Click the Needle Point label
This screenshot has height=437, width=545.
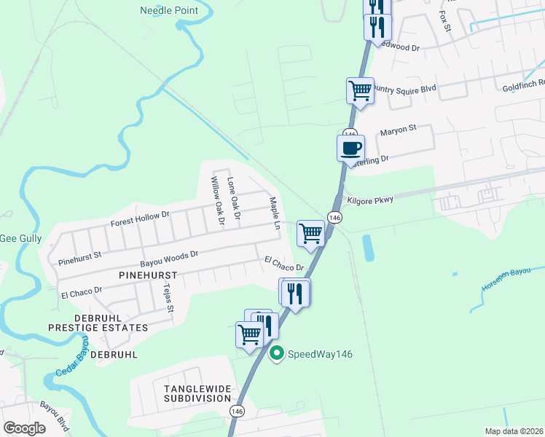click(x=169, y=10)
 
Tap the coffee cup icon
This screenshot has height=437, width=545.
click(x=350, y=148)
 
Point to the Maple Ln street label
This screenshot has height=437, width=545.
click(x=275, y=213)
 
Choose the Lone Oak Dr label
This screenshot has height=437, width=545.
click(x=234, y=198)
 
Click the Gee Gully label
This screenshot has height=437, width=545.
click(x=20, y=238)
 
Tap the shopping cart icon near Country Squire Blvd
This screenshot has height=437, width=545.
click(x=360, y=91)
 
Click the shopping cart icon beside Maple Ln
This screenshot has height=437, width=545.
click(x=311, y=234)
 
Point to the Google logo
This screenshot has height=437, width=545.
click(x=24, y=428)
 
